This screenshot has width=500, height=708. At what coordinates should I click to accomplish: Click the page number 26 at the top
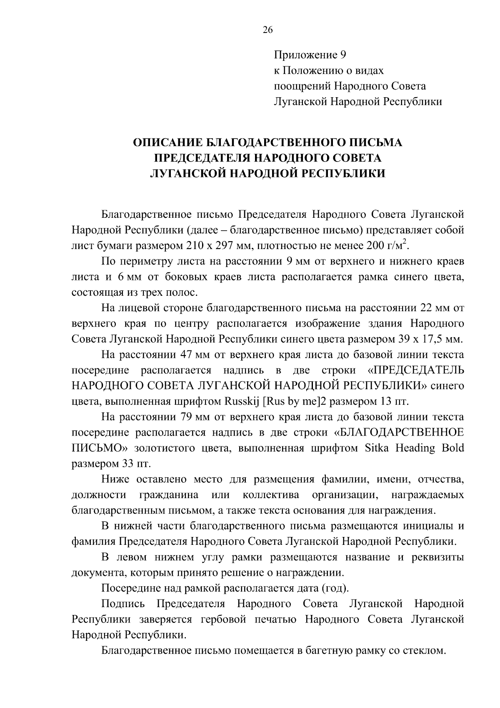(267, 30)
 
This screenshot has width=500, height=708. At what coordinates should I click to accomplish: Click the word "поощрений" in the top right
(302, 86)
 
